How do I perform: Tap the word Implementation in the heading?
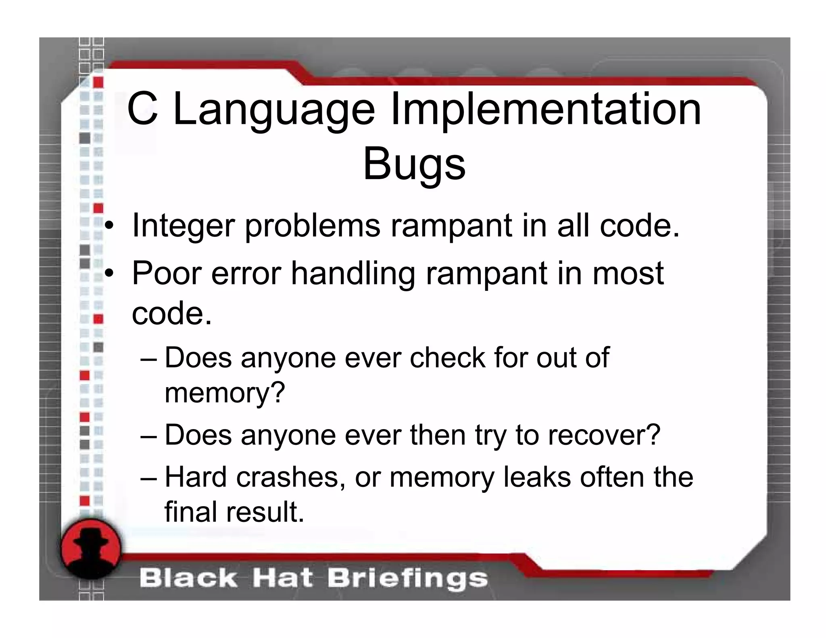click(546, 109)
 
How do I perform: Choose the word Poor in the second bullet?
click(166, 273)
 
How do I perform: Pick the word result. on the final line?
click(265, 512)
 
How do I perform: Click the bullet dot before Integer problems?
click(108, 227)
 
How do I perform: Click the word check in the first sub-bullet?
click(447, 358)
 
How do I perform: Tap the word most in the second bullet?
click(628, 273)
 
